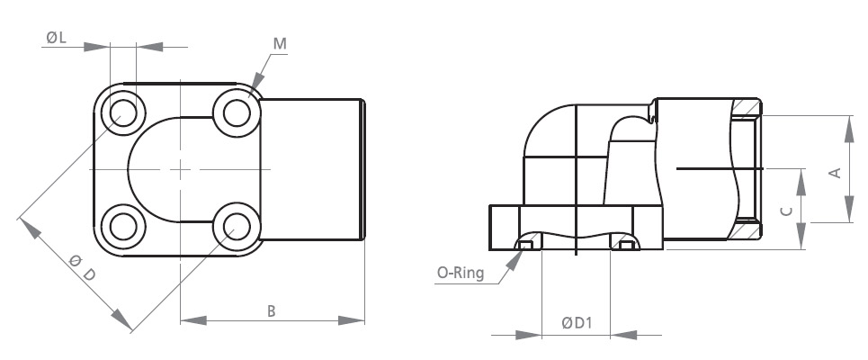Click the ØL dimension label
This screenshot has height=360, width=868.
(x=57, y=38)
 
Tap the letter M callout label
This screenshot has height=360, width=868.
(x=280, y=44)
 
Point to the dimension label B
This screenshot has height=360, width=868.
(x=272, y=311)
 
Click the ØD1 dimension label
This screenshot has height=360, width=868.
(x=577, y=323)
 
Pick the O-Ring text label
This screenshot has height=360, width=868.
(x=461, y=273)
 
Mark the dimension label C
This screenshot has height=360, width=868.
(x=787, y=211)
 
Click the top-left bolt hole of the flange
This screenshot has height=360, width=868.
(x=123, y=113)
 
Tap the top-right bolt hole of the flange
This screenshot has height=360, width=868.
(x=237, y=113)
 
